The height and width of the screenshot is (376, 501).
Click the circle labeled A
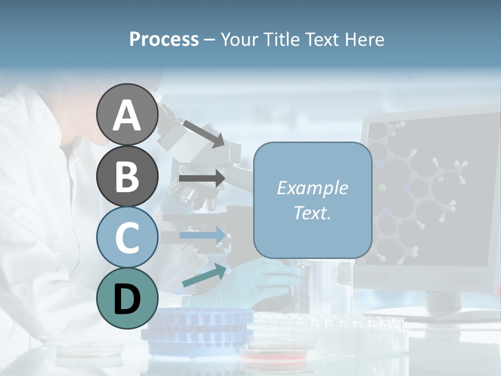[x=127, y=115]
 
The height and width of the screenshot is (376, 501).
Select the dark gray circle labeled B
[x=127, y=176]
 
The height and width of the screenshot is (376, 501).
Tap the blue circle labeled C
[x=127, y=237]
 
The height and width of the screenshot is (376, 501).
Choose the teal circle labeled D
[x=127, y=298]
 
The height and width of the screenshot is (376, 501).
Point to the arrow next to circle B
[x=201, y=178]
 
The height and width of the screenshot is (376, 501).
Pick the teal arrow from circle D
[x=204, y=275]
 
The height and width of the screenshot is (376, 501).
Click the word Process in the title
[x=164, y=39]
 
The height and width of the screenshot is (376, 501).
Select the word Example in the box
[x=313, y=188]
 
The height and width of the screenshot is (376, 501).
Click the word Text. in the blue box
[x=313, y=213]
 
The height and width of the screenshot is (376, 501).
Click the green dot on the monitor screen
[x=383, y=187]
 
